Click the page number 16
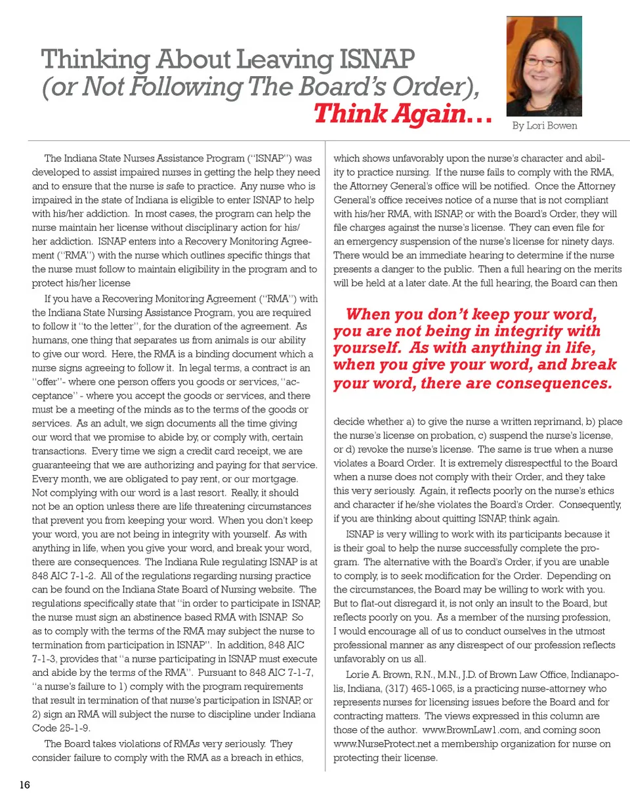click(25, 785)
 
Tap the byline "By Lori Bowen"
click(545, 126)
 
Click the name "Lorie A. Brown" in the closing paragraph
click(369, 674)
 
